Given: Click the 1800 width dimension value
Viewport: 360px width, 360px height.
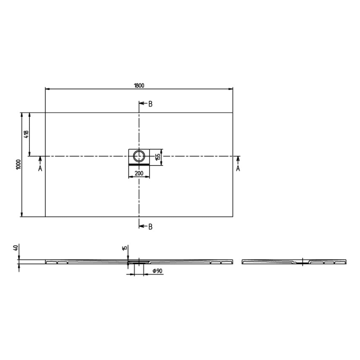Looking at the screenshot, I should click(139, 85).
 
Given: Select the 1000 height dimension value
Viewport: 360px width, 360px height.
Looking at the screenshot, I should click(18, 164).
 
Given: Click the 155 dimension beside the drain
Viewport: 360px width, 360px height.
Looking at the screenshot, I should click(159, 155).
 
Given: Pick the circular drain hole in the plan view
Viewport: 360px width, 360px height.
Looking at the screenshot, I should click(139, 156).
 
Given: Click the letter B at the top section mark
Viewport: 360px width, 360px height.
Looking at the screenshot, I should click(151, 104).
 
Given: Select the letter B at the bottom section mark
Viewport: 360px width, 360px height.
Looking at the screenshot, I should click(151, 226).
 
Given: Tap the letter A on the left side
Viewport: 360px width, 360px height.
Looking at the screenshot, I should click(40, 168).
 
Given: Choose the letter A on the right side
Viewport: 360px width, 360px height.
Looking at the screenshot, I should click(238, 168).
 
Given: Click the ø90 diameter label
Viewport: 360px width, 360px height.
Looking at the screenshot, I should click(157, 271).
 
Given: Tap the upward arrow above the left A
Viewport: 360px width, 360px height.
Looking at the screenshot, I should click(40, 160).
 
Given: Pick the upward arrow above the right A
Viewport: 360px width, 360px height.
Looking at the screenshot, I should click(238, 160).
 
